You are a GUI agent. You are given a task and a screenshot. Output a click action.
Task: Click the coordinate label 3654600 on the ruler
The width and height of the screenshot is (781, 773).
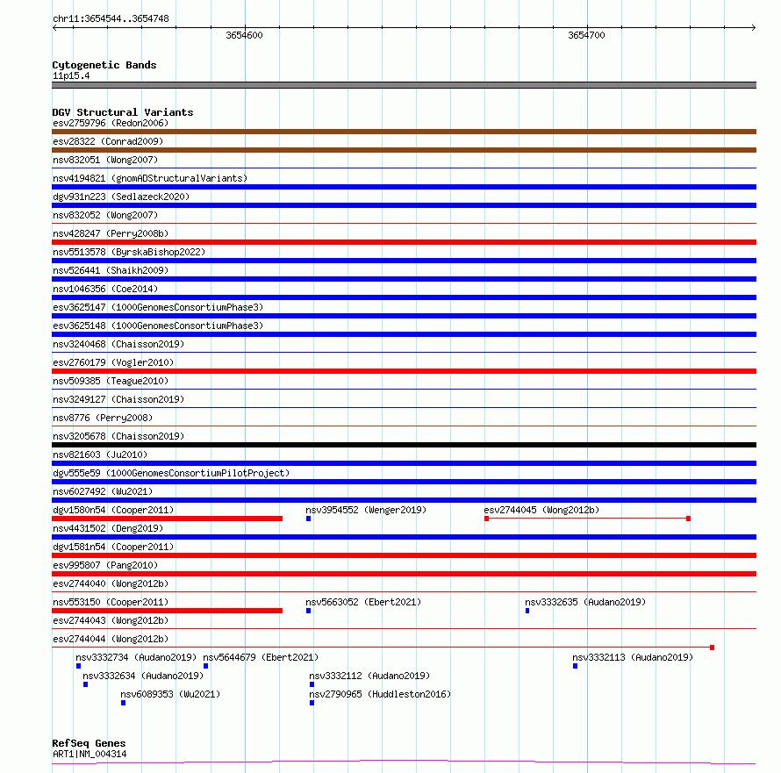coord(244,35)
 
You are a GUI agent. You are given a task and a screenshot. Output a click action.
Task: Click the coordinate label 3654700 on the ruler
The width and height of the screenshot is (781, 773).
coord(586,35)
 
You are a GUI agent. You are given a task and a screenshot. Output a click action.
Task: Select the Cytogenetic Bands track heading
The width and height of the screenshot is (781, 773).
coord(104,65)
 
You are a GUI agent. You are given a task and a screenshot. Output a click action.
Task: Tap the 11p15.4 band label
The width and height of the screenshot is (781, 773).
coord(70,75)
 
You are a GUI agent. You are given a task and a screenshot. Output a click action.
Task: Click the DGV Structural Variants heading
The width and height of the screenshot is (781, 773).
coord(122,112)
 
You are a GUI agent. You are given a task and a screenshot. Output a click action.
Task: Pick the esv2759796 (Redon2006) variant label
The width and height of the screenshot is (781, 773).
coord(110,123)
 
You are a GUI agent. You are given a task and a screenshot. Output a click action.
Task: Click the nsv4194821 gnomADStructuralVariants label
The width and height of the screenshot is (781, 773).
coord(149,178)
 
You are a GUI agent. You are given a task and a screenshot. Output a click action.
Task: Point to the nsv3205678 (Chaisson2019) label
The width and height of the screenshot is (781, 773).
coord(118,436)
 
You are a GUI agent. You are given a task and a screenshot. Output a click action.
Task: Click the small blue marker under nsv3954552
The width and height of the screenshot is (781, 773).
coord(309,519)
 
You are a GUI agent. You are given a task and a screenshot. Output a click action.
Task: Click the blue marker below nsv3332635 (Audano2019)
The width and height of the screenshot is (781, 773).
coord(527,611)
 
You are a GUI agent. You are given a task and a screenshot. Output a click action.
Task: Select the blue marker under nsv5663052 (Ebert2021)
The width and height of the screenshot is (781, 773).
coord(309,611)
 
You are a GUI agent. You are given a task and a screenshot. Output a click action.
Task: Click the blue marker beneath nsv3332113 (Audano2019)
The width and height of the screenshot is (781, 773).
coord(575,666)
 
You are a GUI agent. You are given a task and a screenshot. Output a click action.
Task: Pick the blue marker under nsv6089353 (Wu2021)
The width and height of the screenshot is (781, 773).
coord(124,703)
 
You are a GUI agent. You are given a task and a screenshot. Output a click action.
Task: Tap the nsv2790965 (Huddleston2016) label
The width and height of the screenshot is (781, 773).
coord(379,694)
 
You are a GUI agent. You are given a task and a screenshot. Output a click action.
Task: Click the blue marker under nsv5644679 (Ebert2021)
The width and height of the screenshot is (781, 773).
coord(206,666)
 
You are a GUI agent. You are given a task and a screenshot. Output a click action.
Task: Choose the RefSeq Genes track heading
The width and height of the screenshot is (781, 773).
coord(89,743)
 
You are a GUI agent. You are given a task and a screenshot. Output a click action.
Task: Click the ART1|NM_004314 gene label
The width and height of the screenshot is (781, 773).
coord(89,754)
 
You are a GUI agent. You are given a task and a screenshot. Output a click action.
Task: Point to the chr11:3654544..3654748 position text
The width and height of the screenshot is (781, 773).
coord(111,18)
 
